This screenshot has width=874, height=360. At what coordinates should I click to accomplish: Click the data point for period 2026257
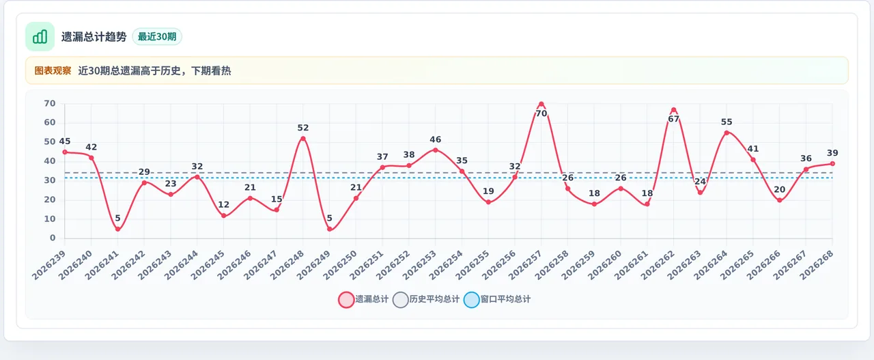tap(541, 105)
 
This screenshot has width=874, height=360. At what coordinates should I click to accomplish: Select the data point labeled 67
tap(673, 110)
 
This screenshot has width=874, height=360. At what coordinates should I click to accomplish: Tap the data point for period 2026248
tap(302, 139)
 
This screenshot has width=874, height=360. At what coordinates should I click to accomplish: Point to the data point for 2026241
tap(118, 230)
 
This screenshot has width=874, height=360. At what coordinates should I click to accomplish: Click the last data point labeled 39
tap(832, 163)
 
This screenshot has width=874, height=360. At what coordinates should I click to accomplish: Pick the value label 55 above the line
tap(727, 122)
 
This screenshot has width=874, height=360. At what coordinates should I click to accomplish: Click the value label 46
tap(436, 140)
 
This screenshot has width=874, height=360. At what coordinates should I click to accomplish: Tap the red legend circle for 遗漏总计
tap(346, 299)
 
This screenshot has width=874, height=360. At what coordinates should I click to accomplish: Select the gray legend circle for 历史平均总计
tap(401, 299)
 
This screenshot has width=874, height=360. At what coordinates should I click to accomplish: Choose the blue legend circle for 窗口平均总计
tap(472, 299)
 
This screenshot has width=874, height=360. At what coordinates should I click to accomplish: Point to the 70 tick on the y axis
tap(50, 103)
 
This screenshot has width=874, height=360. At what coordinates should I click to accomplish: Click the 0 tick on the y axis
tap(53, 238)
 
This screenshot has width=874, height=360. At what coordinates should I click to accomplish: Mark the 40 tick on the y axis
tap(50, 161)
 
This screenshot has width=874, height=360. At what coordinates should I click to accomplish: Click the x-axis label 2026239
tap(49, 265)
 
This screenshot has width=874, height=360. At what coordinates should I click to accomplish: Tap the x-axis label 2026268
tap(817, 265)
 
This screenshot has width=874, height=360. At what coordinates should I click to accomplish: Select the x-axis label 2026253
tap(420, 265)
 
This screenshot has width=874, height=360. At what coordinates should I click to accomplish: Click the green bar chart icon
tap(40, 36)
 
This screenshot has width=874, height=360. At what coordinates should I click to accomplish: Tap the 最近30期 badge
tap(157, 37)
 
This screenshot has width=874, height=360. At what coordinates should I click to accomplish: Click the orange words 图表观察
tap(53, 70)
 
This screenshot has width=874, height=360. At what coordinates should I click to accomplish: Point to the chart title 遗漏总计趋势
tap(94, 37)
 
